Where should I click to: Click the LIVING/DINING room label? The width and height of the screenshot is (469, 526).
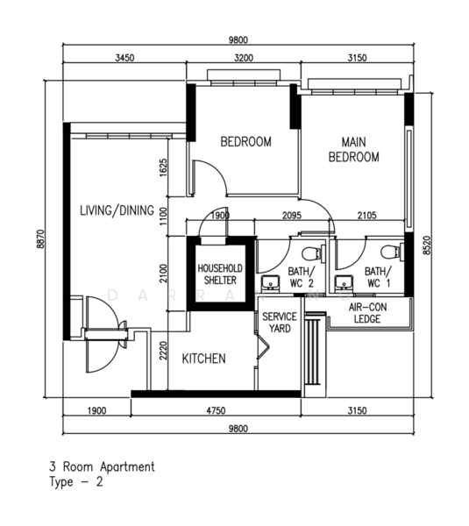[x=117, y=210]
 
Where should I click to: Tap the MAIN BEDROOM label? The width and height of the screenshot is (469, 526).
[x=353, y=150]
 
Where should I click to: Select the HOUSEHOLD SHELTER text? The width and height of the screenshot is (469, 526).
[x=220, y=274]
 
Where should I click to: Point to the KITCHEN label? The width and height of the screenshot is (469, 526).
[x=203, y=359]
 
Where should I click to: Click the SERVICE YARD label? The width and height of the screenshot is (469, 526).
[x=280, y=323]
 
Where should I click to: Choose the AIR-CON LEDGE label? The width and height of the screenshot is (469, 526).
[x=367, y=313]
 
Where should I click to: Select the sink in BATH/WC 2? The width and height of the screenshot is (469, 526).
[x=271, y=282]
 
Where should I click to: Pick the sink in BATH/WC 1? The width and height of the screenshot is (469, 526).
[x=345, y=282]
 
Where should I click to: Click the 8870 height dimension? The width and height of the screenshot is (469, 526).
[x=40, y=238]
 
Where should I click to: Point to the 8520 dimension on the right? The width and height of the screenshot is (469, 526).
[x=427, y=245]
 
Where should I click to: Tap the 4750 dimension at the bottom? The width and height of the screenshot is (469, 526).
[x=216, y=410]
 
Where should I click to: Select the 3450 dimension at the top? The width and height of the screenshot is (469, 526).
[x=124, y=58]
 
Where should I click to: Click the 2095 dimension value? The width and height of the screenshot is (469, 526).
[x=292, y=215]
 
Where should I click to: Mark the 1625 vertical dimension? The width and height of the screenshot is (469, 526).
[x=163, y=167]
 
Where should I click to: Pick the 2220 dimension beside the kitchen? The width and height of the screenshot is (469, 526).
[x=163, y=351]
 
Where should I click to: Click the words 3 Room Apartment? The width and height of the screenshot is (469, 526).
[x=103, y=467]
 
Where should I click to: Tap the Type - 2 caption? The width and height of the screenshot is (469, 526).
[x=76, y=482]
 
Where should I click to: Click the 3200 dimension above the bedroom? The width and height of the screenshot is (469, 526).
[x=244, y=58]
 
